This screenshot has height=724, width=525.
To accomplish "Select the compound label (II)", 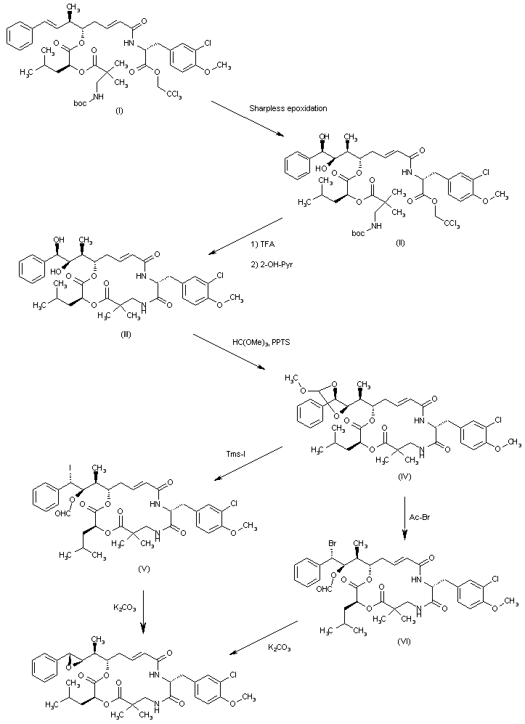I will tap(400, 242).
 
